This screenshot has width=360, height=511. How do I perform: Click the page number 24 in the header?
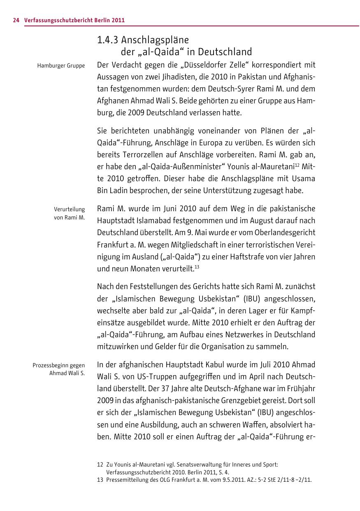coord(16,20)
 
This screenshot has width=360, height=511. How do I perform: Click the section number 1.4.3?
coord(107,40)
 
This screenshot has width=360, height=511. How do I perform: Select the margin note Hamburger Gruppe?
coord(61,65)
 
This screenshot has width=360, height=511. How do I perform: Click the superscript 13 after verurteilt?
coord(197,267)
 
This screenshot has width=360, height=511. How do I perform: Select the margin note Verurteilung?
coord(69,209)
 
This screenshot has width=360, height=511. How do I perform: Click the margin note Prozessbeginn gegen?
coord(59,365)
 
